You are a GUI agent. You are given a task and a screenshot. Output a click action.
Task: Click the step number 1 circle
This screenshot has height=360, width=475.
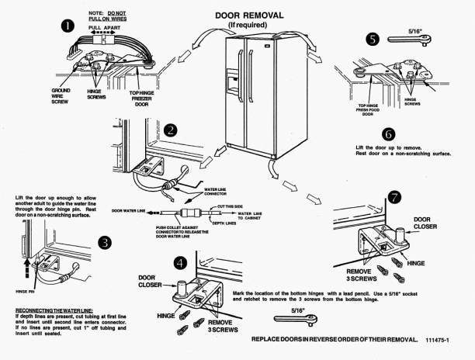68,26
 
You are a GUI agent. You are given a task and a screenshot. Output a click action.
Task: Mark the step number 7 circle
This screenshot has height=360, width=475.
396,198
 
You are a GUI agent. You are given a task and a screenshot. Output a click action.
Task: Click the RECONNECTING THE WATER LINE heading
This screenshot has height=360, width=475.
52,310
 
